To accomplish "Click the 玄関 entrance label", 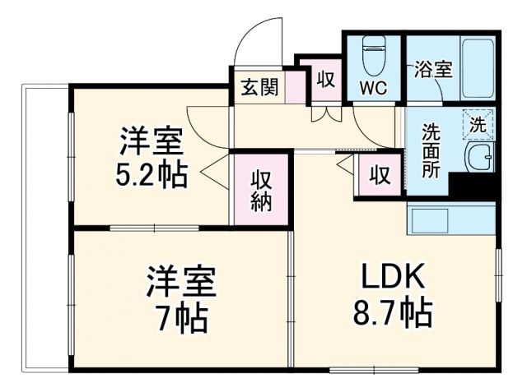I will [x=259, y=85].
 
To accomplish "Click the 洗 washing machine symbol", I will [x=478, y=124].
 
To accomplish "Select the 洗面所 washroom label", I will [x=431, y=151].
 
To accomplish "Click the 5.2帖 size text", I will [x=150, y=175].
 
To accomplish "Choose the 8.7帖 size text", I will [x=394, y=311].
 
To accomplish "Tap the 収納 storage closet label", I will [x=262, y=191].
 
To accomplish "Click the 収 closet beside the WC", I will [x=325, y=81].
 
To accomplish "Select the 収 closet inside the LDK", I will [x=380, y=174].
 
